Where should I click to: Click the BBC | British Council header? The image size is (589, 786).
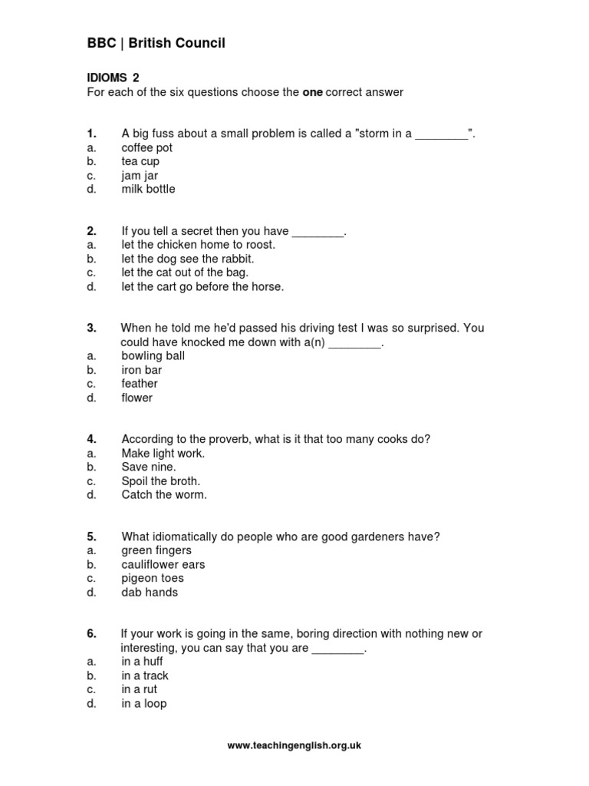coord(156,44)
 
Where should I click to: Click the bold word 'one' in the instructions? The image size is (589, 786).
coord(312,92)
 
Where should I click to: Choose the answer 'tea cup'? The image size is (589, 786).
coord(140,161)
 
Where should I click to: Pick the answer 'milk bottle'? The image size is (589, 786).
coord(148,189)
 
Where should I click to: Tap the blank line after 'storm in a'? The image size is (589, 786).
coord(441,135)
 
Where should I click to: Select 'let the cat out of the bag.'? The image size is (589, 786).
coord(185,272)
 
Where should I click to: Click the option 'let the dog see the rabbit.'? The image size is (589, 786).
coord(188,259)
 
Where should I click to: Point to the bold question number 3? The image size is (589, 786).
coord(91,328)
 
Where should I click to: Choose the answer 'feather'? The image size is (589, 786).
coord(140,383)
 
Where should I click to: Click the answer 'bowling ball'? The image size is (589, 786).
coord(153,355)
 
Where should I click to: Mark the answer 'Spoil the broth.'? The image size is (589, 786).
coord(161,481)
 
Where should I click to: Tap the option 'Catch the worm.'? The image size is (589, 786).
coord(164,495)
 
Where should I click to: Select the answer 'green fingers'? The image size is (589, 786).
coord(156,550)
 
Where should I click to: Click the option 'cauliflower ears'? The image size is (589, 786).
coord(163,564)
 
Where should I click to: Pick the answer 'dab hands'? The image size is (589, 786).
coord(150,592)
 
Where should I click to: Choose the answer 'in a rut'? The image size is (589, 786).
coord(139,689)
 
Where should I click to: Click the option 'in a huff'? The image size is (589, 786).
coord(142,662)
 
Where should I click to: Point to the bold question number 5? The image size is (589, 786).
coord(91,537)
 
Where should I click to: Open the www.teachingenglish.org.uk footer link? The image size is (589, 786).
coord(294,745)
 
